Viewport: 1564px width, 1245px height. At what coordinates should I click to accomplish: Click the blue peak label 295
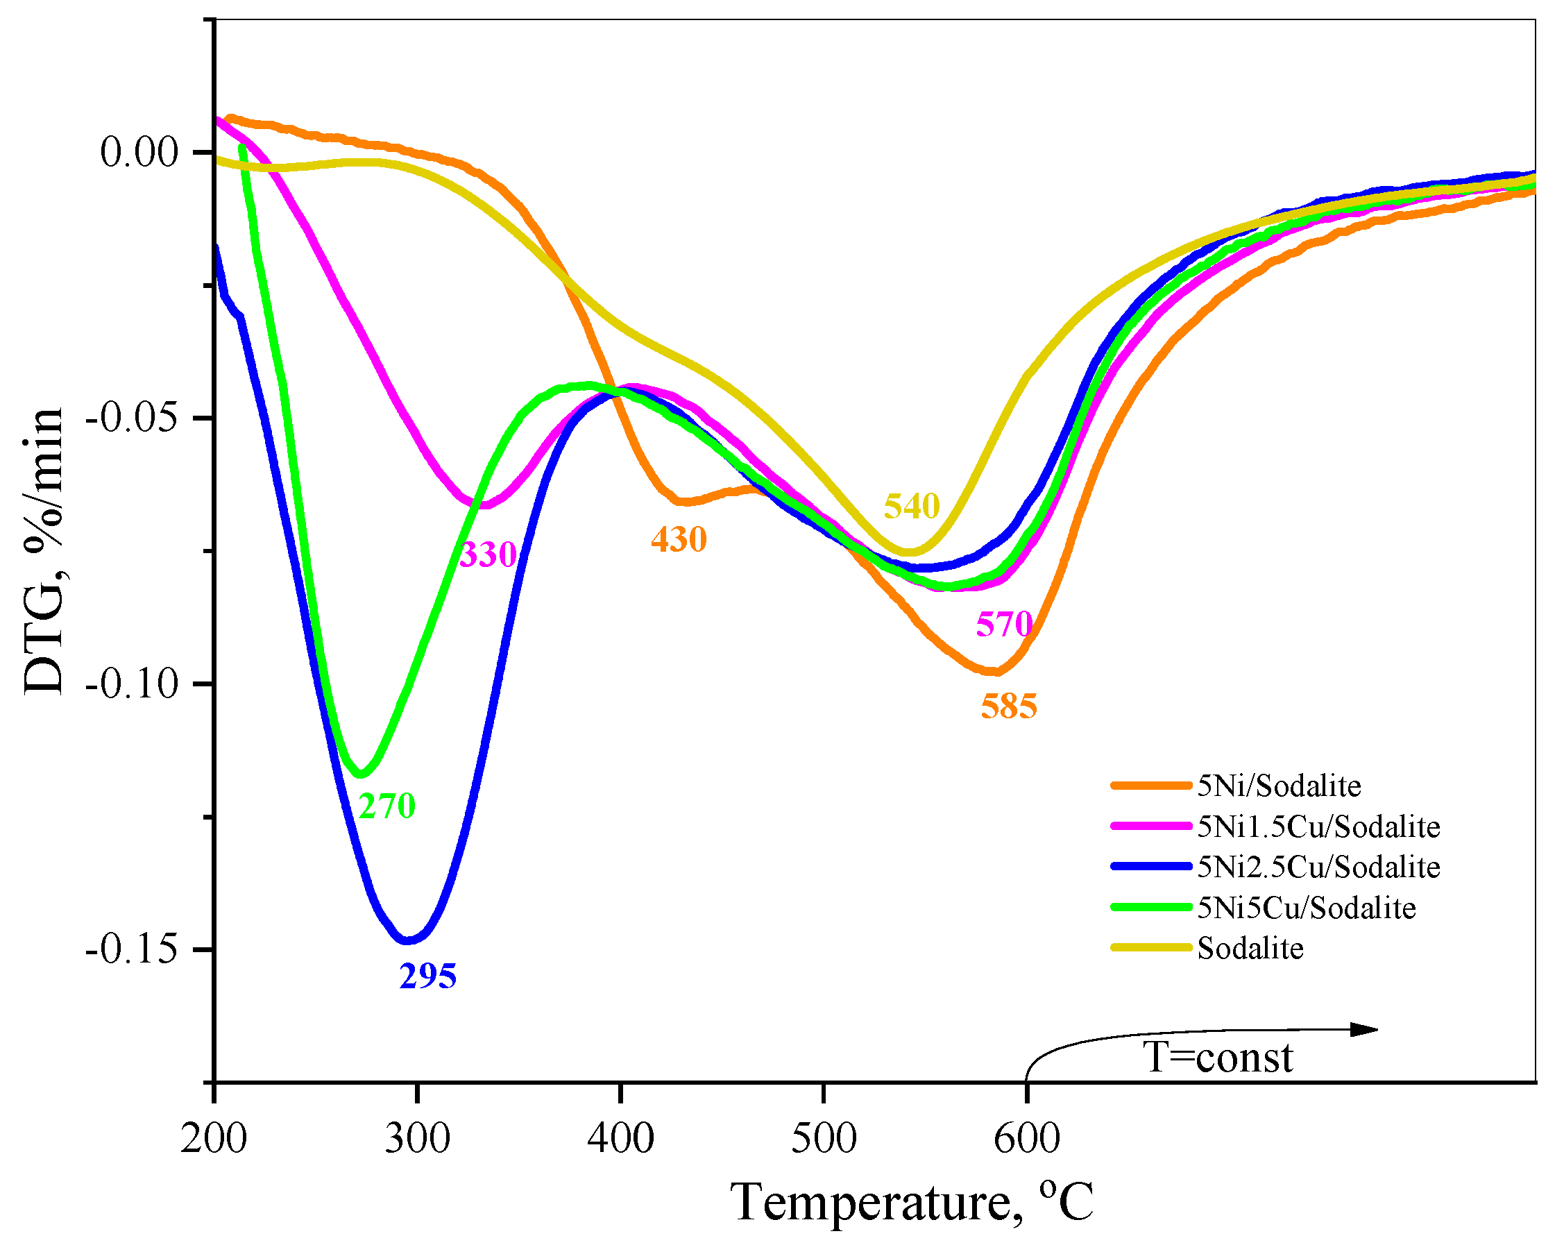pos(428,977)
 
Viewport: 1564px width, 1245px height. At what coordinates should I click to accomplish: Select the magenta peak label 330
pos(488,555)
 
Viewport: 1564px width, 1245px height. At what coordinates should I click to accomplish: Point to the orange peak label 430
pos(679,540)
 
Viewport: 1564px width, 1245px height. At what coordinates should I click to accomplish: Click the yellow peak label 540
pos(911,506)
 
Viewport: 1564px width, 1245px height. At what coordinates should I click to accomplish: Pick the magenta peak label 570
pos(1004,624)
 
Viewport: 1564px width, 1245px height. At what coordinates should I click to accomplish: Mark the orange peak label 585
pos(1009,706)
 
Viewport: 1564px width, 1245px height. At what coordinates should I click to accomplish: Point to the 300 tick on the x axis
pos(417,1138)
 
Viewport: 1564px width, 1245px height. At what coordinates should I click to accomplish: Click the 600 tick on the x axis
pos(1026,1138)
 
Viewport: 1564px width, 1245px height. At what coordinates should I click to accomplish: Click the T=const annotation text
pos(1218,1058)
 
